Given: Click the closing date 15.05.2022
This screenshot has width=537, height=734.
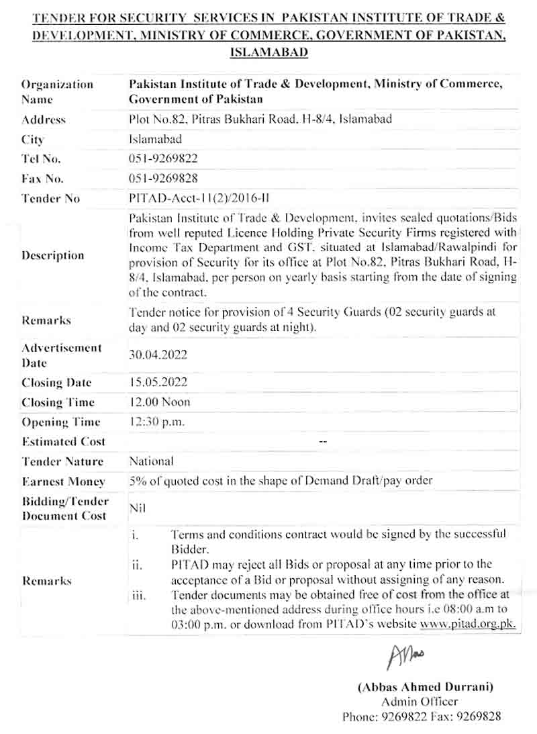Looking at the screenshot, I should coord(158,382).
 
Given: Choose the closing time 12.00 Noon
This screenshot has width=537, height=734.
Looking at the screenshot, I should coord(159,402).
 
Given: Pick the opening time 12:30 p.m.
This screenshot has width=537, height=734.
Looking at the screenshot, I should coord(156,422).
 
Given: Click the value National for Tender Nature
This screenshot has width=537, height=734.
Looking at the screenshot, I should coord(150,461).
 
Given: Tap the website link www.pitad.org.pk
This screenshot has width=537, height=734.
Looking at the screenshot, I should coord(468,624).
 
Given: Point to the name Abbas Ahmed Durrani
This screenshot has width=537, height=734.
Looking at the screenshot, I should coord(426,687).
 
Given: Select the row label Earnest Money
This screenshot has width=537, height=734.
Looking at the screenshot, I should coord(63,481).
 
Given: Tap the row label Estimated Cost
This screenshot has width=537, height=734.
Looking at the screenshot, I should coord(63,442).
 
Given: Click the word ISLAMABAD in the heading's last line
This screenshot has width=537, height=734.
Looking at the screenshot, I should coord(268,52).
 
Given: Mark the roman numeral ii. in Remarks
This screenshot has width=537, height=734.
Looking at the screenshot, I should coord(136,565).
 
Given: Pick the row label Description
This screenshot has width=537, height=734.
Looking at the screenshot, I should coord(53,255).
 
